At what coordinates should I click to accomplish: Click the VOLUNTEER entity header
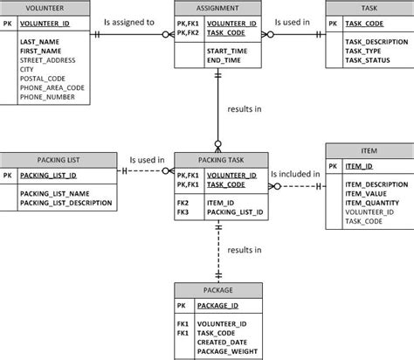[x=44, y=8]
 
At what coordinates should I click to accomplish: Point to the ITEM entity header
[x=369, y=150]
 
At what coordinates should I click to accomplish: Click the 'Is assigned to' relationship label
[x=129, y=21]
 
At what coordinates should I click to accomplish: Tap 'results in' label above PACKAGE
[x=245, y=250]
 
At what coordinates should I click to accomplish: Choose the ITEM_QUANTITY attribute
[x=375, y=203]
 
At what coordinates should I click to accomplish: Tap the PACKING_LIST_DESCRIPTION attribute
[x=66, y=203]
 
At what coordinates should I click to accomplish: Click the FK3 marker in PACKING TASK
[x=183, y=211]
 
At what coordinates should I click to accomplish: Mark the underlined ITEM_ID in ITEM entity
[x=358, y=166]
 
